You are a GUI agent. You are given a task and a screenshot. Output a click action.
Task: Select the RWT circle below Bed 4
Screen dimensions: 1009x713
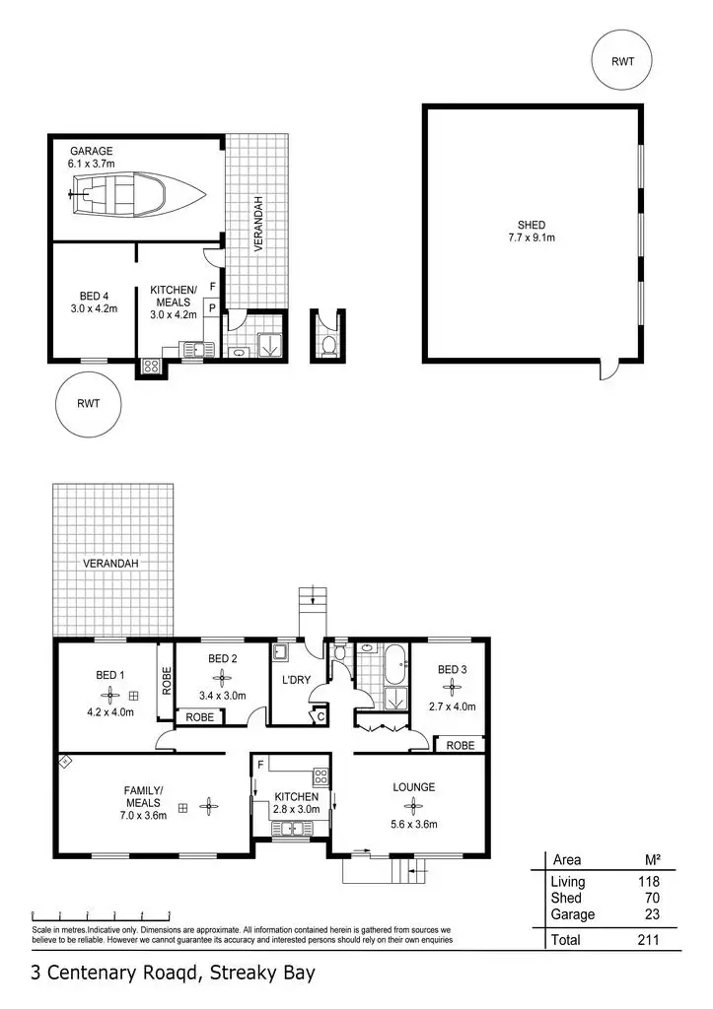[x=88, y=403]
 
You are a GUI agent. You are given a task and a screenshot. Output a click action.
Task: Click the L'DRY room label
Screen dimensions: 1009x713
[x=296, y=681]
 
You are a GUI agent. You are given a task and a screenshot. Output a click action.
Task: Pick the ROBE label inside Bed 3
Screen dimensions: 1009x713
[x=460, y=746]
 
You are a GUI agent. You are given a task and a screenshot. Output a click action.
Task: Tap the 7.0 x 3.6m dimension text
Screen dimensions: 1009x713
[x=145, y=815]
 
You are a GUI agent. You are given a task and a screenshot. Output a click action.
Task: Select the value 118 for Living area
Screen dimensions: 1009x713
[x=649, y=882]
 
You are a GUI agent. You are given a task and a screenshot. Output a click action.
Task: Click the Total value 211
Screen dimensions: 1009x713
[x=648, y=940]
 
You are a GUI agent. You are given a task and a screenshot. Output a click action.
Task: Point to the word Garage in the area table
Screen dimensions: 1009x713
[x=572, y=913]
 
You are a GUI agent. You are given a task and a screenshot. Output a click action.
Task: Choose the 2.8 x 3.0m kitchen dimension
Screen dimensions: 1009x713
[x=296, y=809]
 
